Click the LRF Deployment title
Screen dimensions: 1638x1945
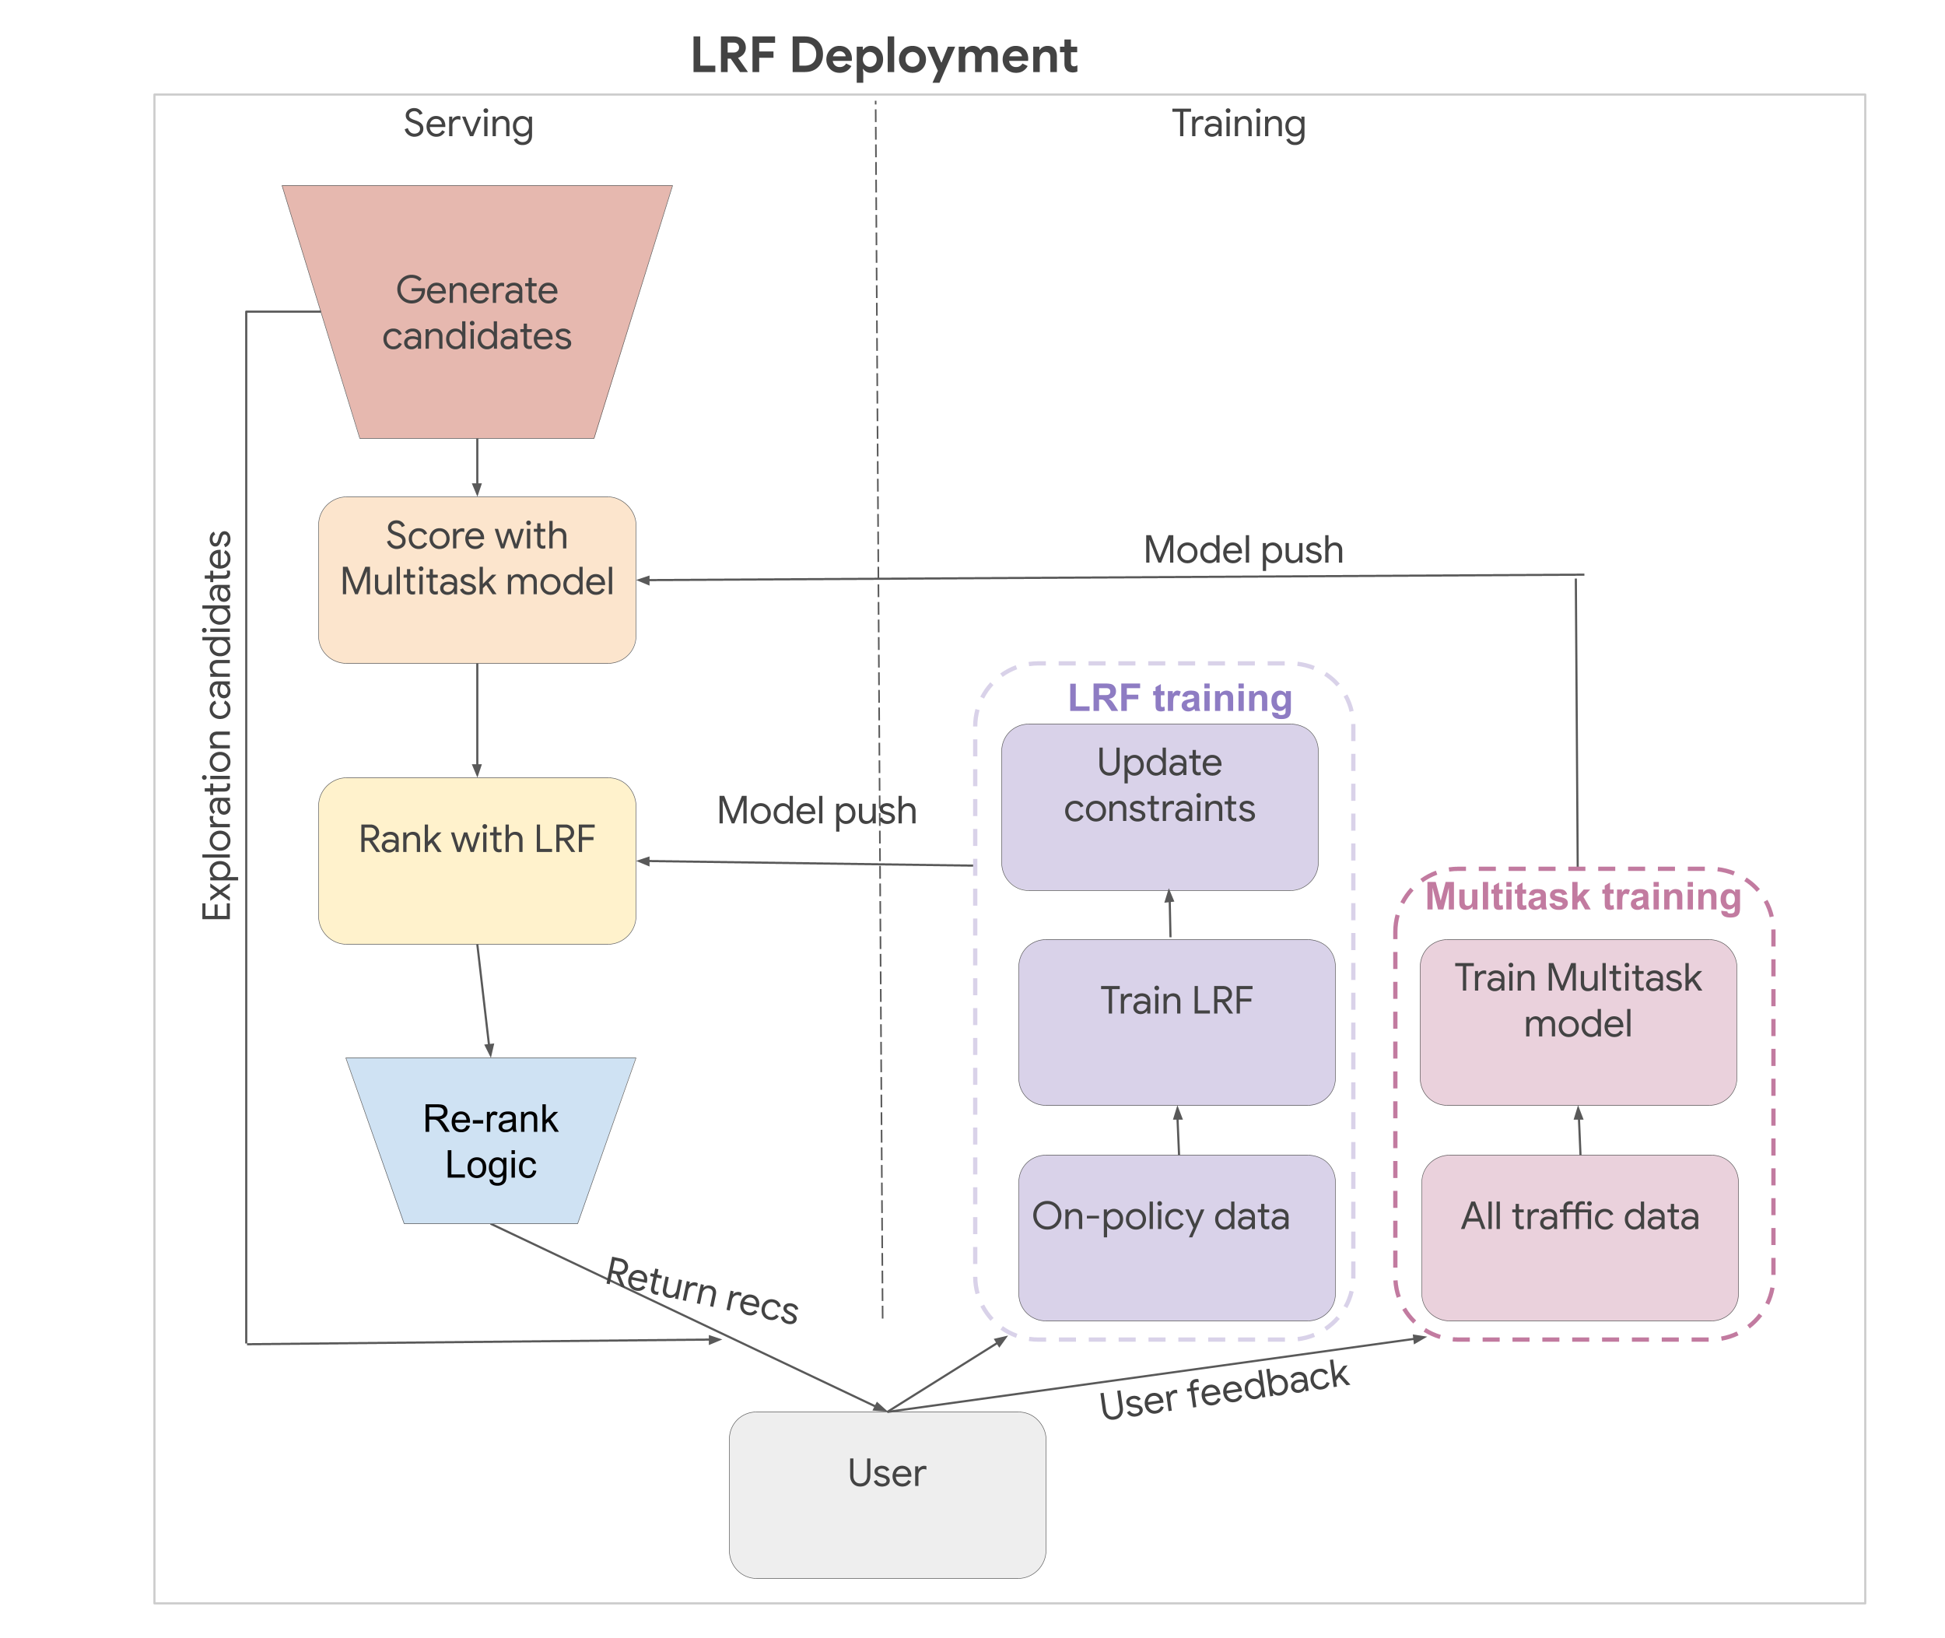coord(883,56)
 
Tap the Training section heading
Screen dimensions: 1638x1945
coord(1238,124)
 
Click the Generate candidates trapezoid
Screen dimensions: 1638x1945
coord(476,312)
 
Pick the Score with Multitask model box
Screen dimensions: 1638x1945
coord(476,580)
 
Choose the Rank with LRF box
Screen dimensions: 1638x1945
coord(476,860)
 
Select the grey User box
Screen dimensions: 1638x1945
coord(887,1494)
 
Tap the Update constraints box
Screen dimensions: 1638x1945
coord(1158,806)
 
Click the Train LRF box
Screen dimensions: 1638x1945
coord(1176,1022)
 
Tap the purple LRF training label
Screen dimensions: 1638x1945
coord(1179,698)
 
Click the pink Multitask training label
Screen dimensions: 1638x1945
coord(1583,897)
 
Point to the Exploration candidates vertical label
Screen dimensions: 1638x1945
coord(216,726)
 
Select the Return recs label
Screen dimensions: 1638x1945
coord(702,1291)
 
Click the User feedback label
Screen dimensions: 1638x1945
coord(1224,1389)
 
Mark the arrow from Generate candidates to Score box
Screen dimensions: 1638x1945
coord(477,467)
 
